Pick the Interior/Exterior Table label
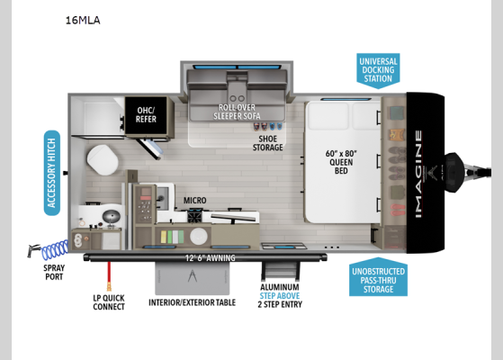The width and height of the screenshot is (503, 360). (192, 302)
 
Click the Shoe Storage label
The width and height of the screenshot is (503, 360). (267, 142)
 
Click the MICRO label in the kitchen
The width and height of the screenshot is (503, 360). (196, 201)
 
